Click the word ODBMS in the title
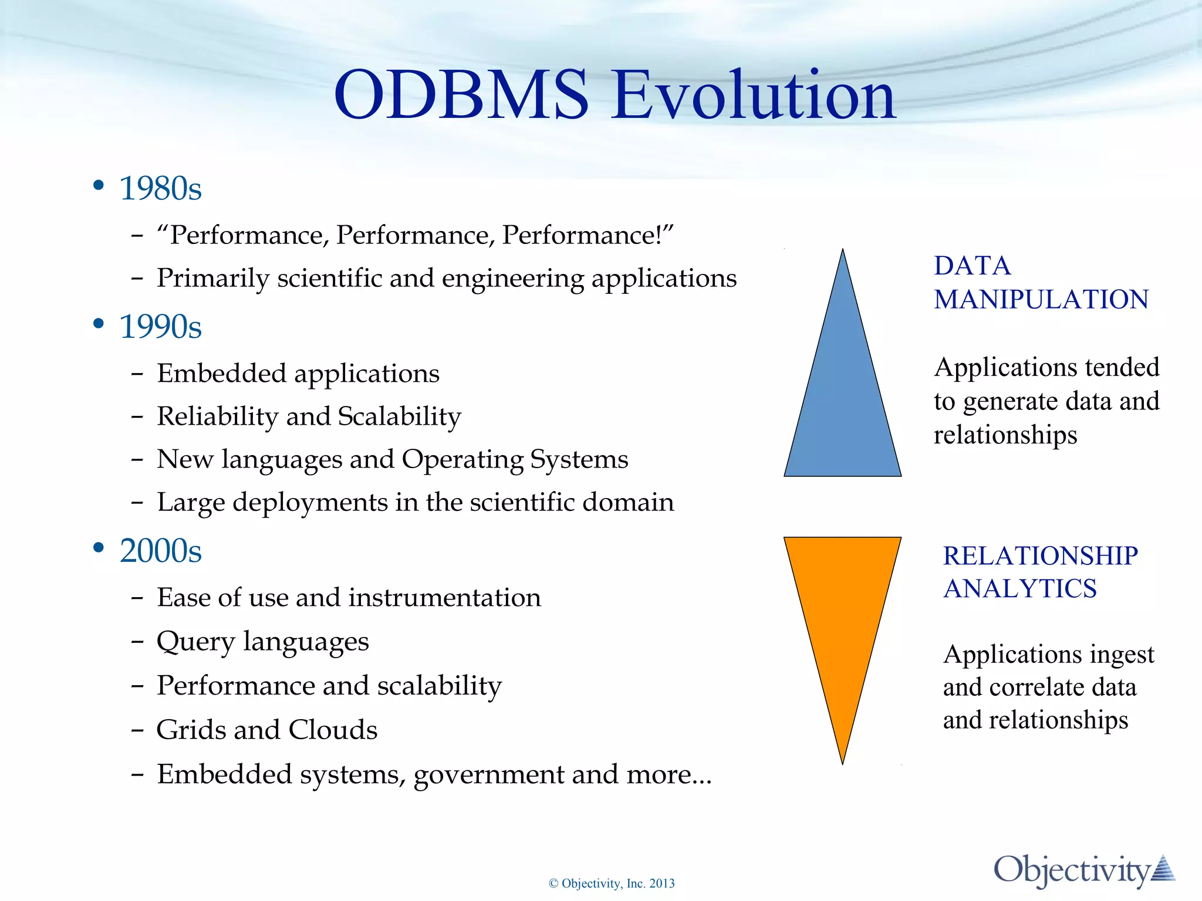tap(461, 95)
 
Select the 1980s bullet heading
tap(160, 189)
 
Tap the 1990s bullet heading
tap(160, 327)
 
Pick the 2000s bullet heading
tap(160, 551)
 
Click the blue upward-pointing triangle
tap(842, 399)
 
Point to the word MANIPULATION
tap(1041, 300)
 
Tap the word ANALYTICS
tap(1020, 588)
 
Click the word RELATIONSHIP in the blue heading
tap(1040, 555)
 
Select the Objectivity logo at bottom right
tap(1083, 870)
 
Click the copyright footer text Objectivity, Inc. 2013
tap(612, 883)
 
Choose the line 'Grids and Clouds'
tap(266, 730)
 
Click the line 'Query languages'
tap(262, 641)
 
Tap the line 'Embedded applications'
tap(298, 374)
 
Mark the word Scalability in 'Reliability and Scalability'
tap(399, 416)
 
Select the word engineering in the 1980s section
tap(512, 279)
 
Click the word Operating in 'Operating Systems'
tap(462, 459)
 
